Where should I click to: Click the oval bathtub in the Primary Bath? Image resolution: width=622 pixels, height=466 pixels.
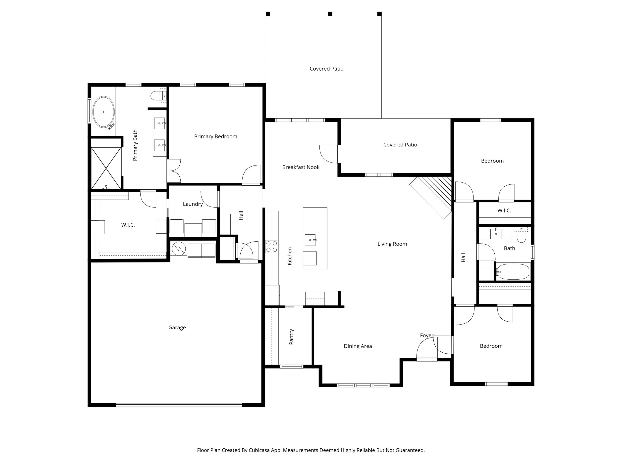click(x=104, y=112)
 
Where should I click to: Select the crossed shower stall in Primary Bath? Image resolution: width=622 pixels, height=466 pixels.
click(x=106, y=168)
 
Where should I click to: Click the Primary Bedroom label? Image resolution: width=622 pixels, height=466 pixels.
click(x=216, y=136)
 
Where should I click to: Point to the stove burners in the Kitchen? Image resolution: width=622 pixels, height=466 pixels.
click(x=272, y=246)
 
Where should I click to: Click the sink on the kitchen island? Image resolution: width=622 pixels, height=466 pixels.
click(x=310, y=240)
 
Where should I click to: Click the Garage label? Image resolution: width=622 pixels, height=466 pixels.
click(x=177, y=328)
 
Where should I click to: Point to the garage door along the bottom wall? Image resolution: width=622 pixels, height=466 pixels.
click(x=179, y=405)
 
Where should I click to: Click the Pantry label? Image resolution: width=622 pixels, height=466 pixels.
click(x=291, y=337)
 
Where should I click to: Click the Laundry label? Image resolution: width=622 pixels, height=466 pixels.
click(x=193, y=204)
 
